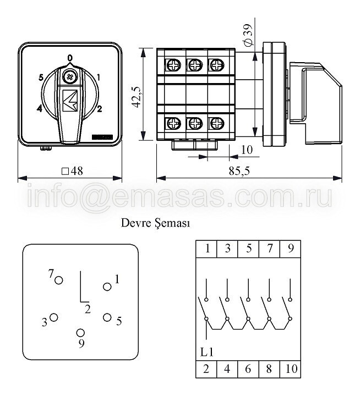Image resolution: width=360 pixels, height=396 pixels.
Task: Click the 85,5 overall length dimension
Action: (239, 171)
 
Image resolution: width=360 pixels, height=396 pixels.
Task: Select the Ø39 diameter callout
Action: (248, 35)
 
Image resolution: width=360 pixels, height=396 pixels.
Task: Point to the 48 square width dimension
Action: (72, 171)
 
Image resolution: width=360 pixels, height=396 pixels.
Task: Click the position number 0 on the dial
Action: (70, 58)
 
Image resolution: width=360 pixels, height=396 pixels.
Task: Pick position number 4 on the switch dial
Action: (40, 109)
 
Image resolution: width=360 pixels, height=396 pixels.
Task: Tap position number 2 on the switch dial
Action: (99, 109)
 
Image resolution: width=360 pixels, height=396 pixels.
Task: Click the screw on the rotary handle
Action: (69, 77)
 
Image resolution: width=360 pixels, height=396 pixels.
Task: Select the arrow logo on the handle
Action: (70, 100)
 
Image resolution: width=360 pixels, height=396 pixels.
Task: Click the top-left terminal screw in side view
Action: (173, 65)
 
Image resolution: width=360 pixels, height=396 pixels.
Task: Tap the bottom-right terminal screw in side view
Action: (217, 124)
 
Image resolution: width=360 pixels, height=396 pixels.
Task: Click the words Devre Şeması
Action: (155, 223)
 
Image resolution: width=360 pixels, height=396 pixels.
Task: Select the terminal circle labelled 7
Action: (59, 280)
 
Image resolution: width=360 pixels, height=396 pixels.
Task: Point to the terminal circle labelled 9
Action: (80, 333)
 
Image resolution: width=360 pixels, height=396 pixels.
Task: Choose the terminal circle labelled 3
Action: (54, 317)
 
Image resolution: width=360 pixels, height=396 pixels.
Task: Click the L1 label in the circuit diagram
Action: (207, 352)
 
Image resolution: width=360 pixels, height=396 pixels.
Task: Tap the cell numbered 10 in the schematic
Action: (291, 369)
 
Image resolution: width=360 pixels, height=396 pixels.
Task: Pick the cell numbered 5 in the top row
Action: (248, 249)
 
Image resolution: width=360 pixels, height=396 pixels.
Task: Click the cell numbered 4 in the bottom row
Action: (227, 369)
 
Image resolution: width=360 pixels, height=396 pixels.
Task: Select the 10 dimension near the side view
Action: (247, 150)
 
